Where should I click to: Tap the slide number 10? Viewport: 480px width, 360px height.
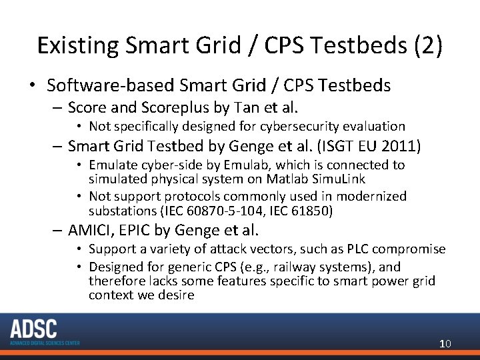[x=445, y=343]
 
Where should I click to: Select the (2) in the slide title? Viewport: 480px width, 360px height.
[x=424, y=45]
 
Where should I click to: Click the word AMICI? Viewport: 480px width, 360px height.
[x=91, y=230]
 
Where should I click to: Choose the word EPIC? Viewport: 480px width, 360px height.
[x=137, y=230]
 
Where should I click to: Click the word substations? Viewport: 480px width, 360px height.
[x=122, y=210]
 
